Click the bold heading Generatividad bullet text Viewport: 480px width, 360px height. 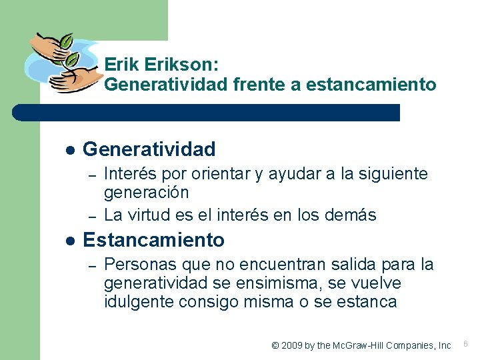coord(149,149)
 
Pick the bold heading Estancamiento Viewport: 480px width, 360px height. coord(153,239)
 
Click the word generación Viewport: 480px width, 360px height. coord(146,193)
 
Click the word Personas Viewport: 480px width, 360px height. coord(138,264)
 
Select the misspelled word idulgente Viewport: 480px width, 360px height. coord(139,301)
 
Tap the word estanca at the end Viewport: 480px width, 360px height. coord(369,301)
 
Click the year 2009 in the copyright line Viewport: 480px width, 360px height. coord(292,345)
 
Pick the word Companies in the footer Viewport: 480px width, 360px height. coord(399,345)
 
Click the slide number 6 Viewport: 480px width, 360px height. coord(465,344)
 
